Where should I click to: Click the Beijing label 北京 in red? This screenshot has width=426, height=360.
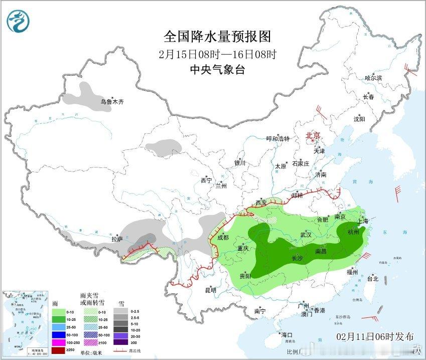pos(313,135)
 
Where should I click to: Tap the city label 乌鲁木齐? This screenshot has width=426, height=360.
pos(111,101)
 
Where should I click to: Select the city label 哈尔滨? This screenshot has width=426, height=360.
pos(373,78)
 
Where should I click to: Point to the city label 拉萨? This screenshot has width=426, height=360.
pos(117,239)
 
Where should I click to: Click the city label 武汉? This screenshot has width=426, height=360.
pos(306,234)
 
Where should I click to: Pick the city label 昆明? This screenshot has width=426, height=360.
pos(210,290)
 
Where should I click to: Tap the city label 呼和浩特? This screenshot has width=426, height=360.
pos(277,139)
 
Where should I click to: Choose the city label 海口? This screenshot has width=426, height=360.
pos(287,334)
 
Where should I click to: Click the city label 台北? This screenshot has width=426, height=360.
pos(372,278)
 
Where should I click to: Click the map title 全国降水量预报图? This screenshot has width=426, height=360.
pos(217,37)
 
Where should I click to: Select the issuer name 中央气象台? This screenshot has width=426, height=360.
pos(217,70)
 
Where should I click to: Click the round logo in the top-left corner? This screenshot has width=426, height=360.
pos(18,21)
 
